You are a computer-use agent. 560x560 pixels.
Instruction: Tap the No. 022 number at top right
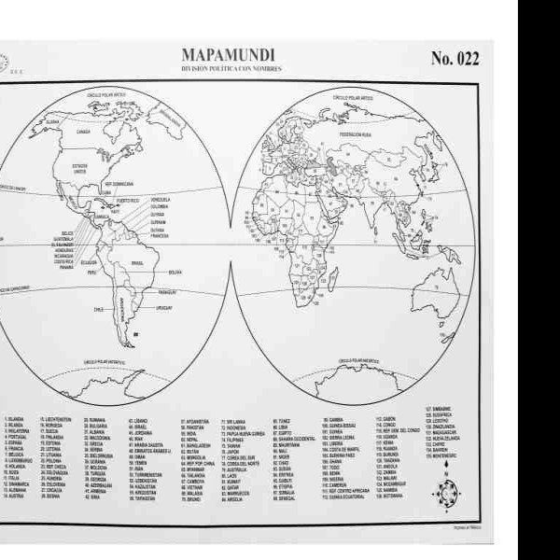[x=455, y=58]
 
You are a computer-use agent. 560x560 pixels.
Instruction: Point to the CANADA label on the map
[x=82, y=132]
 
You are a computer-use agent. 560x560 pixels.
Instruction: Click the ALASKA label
[x=52, y=122]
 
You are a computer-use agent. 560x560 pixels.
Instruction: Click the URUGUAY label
[x=164, y=307]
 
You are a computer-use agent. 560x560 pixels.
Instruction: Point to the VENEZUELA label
[x=161, y=199]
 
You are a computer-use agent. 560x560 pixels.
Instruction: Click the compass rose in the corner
[x=446, y=492]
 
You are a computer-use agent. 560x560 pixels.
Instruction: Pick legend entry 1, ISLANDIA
[x=16, y=420]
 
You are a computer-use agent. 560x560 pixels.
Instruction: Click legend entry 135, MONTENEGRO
[x=441, y=455]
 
